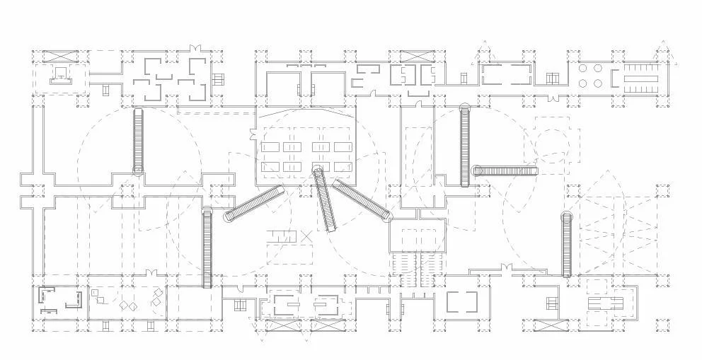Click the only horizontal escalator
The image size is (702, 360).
point(505,170)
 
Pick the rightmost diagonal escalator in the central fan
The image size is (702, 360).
point(361,199)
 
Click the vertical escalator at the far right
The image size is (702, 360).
point(567,245)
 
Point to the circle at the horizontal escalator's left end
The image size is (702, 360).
point(477,170)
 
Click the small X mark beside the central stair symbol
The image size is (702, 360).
point(306,236)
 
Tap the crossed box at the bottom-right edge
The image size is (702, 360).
point(551,326)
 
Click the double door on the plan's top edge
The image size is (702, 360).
point(194,48)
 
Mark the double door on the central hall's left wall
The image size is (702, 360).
point(253,132)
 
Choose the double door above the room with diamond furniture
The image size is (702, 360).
point(151,273)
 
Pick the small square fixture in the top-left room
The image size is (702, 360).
point(62,71)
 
